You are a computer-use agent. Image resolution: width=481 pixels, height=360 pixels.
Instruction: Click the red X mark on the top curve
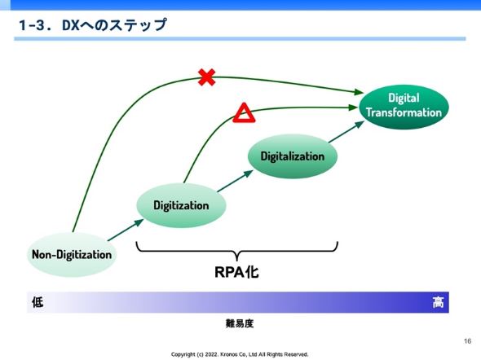pos(207,77)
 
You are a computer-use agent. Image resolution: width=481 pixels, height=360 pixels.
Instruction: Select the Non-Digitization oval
pos(72,255)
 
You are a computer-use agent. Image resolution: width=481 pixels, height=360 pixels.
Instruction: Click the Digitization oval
pos(181,205)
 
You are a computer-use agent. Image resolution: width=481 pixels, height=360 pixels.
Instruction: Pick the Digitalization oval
pos(293,156)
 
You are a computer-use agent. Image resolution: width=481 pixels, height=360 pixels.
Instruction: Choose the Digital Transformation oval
pos(404,107)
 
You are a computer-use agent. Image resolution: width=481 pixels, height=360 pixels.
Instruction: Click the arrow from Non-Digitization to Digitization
pos(126,230)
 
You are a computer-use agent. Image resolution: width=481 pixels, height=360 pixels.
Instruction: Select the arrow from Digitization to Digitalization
pos(236,181)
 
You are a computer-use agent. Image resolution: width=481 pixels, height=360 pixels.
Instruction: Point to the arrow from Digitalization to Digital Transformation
pos(346,132)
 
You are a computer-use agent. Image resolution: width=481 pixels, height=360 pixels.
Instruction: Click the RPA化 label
pos(236,272)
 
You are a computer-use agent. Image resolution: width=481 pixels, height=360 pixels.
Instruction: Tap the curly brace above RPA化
pos(236,251)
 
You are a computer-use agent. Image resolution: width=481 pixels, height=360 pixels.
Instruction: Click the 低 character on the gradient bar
pos(38,302)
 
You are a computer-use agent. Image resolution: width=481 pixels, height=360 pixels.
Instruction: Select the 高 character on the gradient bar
pos(438,302)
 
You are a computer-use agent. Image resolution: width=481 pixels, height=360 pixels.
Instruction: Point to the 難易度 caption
pos(240,323)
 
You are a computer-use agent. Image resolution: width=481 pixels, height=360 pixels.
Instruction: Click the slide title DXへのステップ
pos(114,24)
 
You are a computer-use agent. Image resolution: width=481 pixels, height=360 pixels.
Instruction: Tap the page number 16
pos(467,341)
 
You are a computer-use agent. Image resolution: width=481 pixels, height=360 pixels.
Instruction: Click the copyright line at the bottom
pos(240,354)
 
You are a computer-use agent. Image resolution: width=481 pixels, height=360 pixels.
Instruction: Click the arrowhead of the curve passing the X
pos(358,91)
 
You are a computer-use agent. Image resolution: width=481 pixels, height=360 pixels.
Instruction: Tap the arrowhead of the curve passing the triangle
pos(353,108)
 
